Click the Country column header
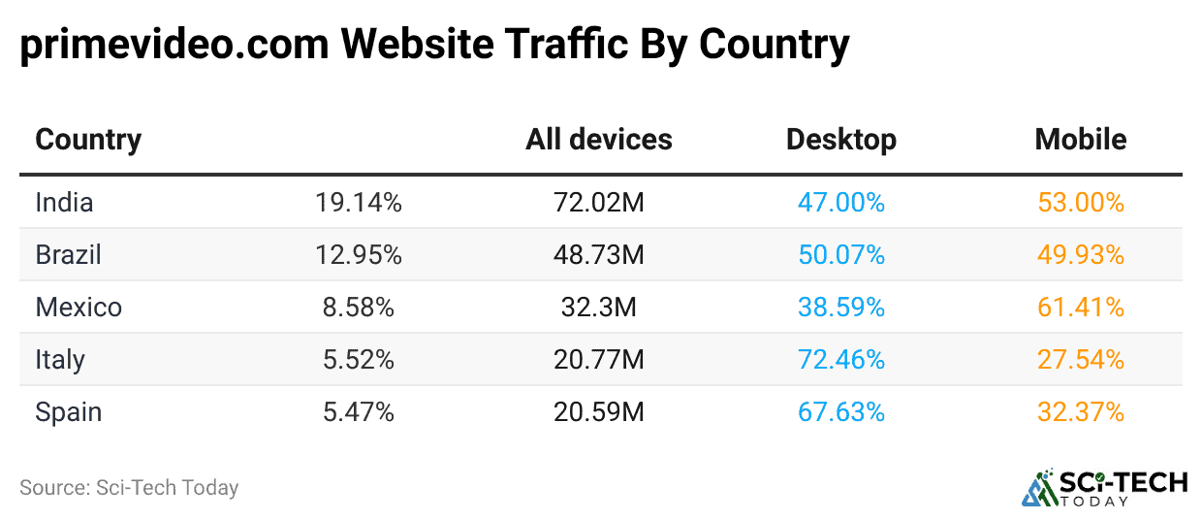point(88,140)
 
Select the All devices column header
point(598,140)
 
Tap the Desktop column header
point(840,140)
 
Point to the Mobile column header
point(1080,140)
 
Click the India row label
point(64,203)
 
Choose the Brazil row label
point(68,255)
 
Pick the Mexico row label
point(79,308)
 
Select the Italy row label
point(60,360)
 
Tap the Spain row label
point(68,412)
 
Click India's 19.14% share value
point(358,203)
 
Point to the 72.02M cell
point(598,203)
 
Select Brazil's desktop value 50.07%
point(840,255)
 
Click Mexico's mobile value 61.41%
point(1080,308)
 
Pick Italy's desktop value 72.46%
point(840,360)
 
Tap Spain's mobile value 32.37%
point(1080,412)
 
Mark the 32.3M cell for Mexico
point(598,308)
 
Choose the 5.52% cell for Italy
point(358,360)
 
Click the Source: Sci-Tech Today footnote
point(129,487)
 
